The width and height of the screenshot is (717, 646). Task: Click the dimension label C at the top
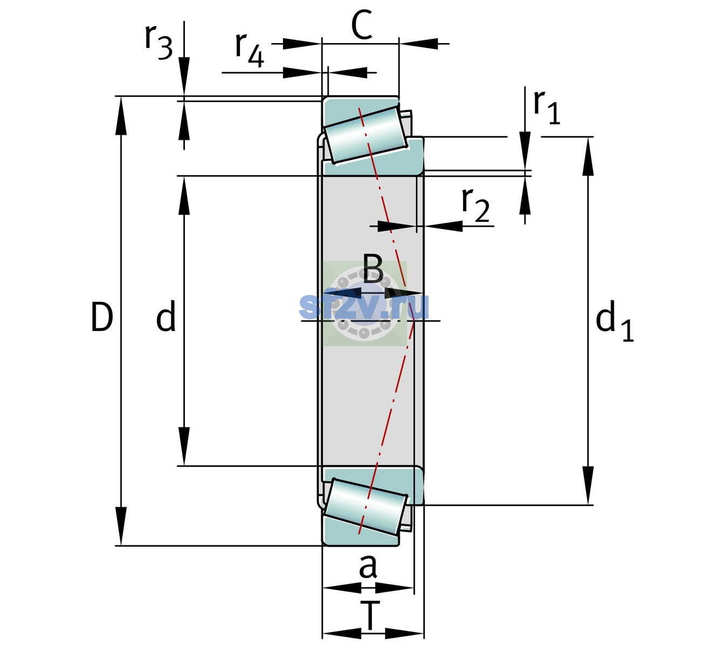(362, 25)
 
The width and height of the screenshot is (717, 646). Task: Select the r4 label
(250, 50)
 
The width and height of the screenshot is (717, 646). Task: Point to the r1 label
(547, 107)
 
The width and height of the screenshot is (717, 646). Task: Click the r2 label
(475, 205)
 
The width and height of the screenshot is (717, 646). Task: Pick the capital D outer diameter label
(102, 317)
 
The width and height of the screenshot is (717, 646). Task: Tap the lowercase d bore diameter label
(166, 316)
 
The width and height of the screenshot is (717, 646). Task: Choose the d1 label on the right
(615, 320)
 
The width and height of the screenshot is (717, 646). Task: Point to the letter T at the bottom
(370, 616)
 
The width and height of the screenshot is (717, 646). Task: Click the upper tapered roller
(366, 135)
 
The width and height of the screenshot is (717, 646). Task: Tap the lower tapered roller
(366, 507)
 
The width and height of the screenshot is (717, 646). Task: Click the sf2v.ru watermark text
(364, 307)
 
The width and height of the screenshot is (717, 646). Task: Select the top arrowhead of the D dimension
(121, 116)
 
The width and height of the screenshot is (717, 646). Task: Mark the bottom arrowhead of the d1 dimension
(588, 486)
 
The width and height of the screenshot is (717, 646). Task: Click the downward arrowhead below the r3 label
(184, 76)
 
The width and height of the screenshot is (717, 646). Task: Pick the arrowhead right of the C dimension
(418, 44)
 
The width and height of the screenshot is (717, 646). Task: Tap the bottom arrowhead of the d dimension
(184, 446)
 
